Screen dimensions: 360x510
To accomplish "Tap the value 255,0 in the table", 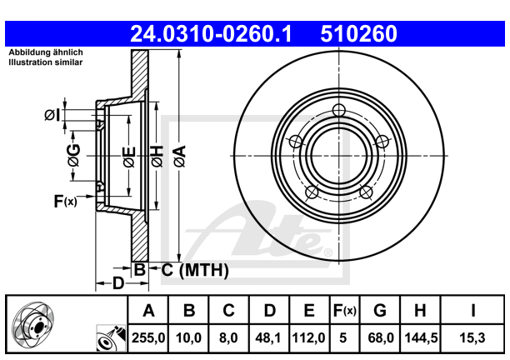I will pos(149,340).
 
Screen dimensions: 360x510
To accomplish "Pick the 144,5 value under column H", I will pos(420,340).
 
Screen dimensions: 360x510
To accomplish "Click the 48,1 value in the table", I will pos(269,340).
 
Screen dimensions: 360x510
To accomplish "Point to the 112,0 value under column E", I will pos(308,340).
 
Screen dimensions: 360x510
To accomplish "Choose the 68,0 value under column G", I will pos(380,340).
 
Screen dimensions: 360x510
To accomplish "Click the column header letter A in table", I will pos(149,311).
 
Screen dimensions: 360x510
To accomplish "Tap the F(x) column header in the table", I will pos(344,311).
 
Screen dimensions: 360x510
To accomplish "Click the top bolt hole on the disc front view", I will pos(338,111).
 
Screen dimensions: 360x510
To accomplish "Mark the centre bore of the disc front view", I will pos(338,155).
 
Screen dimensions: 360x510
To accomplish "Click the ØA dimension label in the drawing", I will pos(179,155).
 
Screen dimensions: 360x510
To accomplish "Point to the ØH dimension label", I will pos(155,155).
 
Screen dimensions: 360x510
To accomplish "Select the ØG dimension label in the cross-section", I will pos(73,154).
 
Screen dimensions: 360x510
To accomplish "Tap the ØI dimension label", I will pos(52,115).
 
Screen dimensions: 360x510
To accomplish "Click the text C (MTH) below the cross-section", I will pos(194,269).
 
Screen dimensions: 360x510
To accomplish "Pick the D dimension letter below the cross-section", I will pos(118,283).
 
